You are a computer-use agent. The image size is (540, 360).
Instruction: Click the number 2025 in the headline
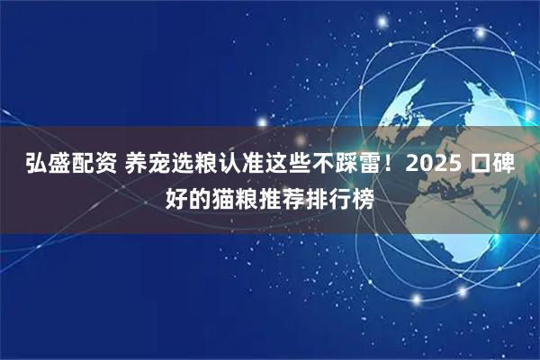[x=435, y=166]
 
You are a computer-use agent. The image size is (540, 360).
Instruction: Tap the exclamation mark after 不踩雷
[x=391, y=166]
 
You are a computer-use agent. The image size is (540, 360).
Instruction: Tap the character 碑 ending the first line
[x=503, y=166]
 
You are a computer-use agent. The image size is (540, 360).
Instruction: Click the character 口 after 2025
[x=479, y=166]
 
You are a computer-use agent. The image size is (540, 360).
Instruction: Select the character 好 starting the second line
[x=176, y=195]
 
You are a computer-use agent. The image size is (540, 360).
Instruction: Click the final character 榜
[x=360, y=195]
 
